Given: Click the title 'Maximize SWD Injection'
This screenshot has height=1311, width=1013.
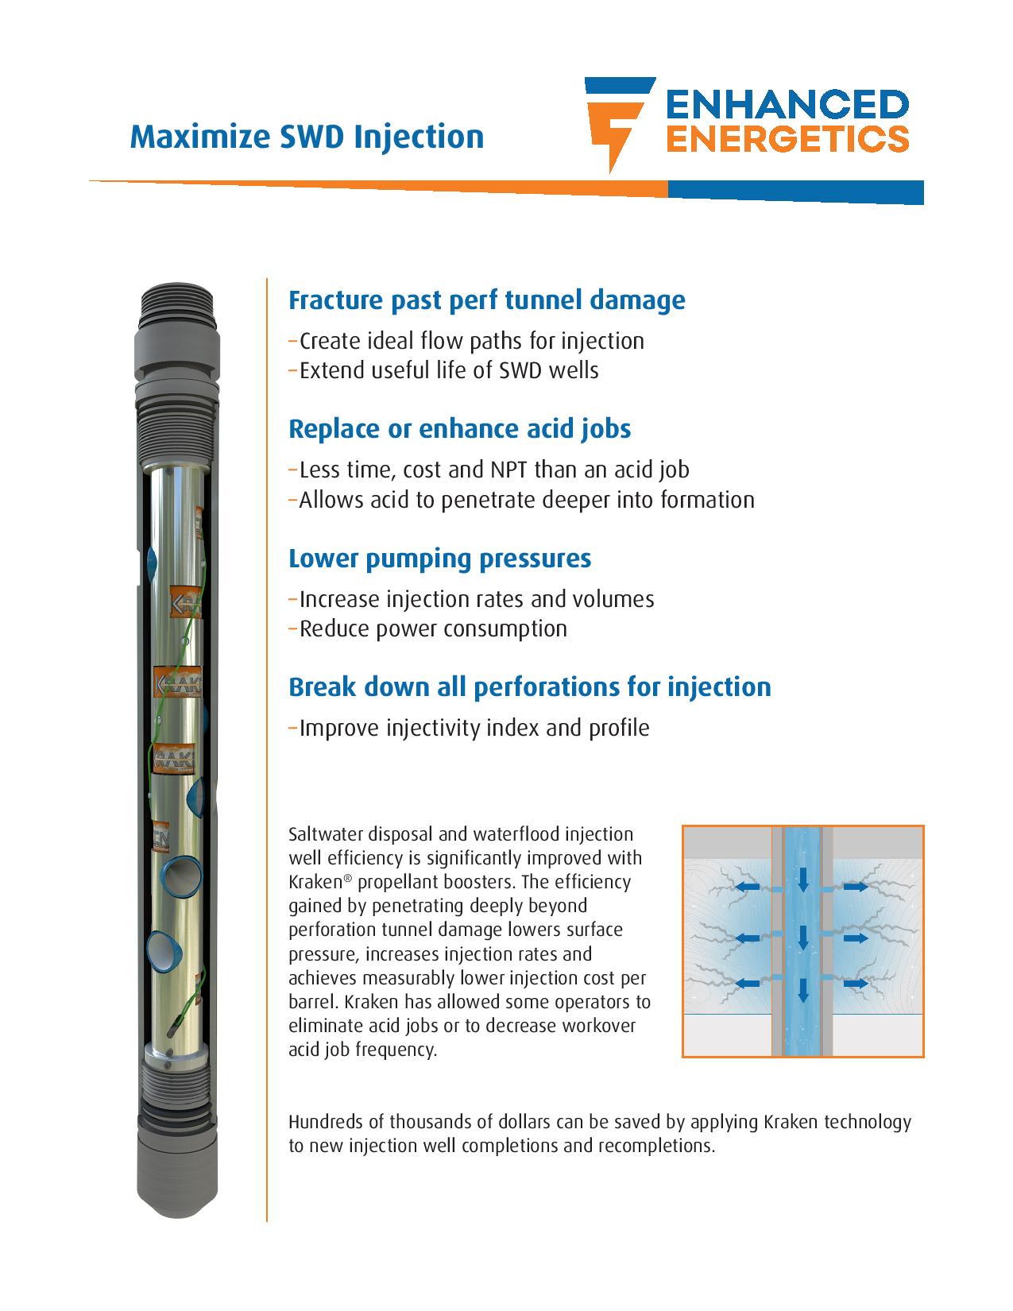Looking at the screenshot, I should (x=307, y=137).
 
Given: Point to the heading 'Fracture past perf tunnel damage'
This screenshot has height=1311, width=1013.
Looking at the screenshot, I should (x=486, y=300).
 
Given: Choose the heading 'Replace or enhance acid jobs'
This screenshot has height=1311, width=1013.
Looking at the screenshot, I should (x=459, y=429).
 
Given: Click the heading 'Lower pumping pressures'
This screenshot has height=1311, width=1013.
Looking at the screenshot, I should (x=439, y=559).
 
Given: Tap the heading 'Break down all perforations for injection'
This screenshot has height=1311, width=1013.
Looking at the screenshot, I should (x=529, y=687).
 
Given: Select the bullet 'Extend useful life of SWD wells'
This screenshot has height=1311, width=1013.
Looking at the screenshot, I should (x=449, y=370).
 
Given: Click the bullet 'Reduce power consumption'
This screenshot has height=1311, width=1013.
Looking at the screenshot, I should (x=433, y=628).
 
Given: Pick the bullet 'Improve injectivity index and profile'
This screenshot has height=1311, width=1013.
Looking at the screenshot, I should (x=474, y=728).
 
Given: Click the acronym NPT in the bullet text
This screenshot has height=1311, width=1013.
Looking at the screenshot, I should (x=502, y=470).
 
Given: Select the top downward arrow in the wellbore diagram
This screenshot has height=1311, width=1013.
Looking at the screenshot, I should (x=802, y=880).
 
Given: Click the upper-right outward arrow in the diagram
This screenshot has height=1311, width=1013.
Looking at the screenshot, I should (x=856, y=887).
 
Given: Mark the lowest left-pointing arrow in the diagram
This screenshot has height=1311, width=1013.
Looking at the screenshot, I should (x=748, y=984).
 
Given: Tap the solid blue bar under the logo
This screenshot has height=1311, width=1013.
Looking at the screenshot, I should (x=795, y=191).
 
